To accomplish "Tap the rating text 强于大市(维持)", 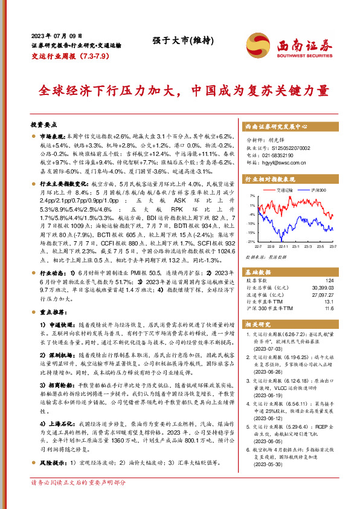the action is pyautogui.click(x=175, y=41).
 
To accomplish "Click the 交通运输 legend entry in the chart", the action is pyautogui.click(x=286, y=190).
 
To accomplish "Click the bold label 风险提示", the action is pyautogui.click(x=54, y=464).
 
